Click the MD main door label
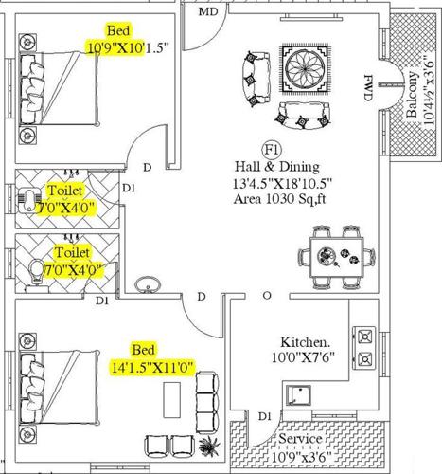click(208, 11)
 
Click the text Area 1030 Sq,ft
click(279, 200)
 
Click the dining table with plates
click(337, 256)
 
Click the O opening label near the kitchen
click(267, 297)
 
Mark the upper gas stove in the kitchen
click(363, 335)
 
